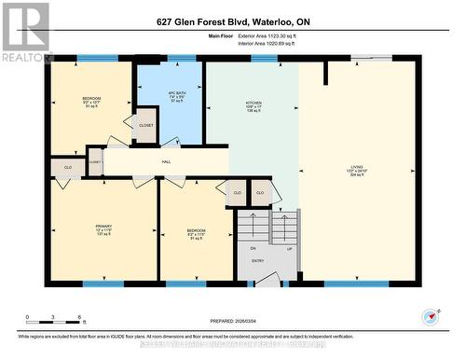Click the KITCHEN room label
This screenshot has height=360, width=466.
click(253, 102)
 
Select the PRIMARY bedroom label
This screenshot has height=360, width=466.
click(103, 225)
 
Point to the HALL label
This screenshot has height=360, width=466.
click(166, 162)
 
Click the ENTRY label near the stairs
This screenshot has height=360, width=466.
click(257, 261)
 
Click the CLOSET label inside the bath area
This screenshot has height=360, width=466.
click(146, 124)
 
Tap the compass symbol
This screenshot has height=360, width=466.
click(430, 315)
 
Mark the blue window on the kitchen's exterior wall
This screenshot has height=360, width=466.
click(264, 59)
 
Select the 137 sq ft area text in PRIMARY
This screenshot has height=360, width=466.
click(103, 235)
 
